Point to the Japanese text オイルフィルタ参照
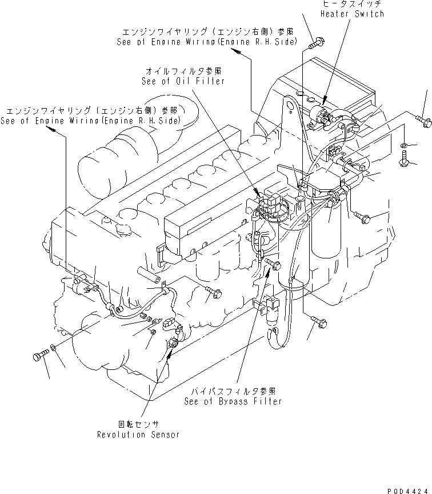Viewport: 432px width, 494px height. click(183, 71)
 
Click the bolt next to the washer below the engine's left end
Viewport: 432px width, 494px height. click(39, 356)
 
